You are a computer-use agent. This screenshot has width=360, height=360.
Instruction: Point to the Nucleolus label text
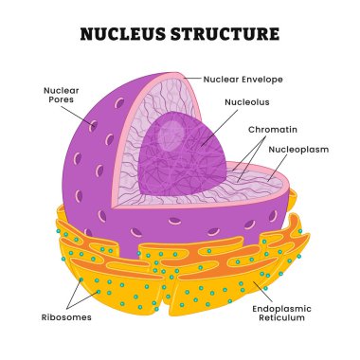point(245,101)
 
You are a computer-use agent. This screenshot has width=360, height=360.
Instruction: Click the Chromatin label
point(272,128)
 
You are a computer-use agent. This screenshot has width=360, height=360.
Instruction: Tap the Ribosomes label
point(66,317)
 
